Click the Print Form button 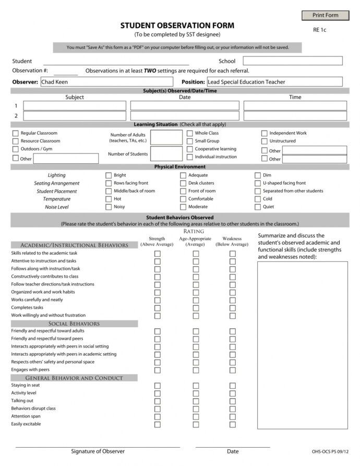coord(325,15)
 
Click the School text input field coord(292,61)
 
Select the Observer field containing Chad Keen coord(106,81)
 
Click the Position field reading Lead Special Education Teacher coord(274,81)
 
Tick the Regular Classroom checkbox coord(16,133)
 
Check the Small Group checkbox coord(190,141)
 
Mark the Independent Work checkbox coord(265,133)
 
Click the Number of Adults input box coord(166,137)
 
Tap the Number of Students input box coord(166,154)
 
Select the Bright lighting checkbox coord(109,175)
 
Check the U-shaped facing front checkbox coord(258,183)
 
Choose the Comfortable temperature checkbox coord(183,199)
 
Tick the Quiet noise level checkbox coord(258,207)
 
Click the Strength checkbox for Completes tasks coord(158,308)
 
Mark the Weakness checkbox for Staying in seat coord(233,385)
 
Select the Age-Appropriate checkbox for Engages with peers coord(196,369)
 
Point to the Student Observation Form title coord(177,25)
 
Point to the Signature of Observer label coord(98,451)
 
